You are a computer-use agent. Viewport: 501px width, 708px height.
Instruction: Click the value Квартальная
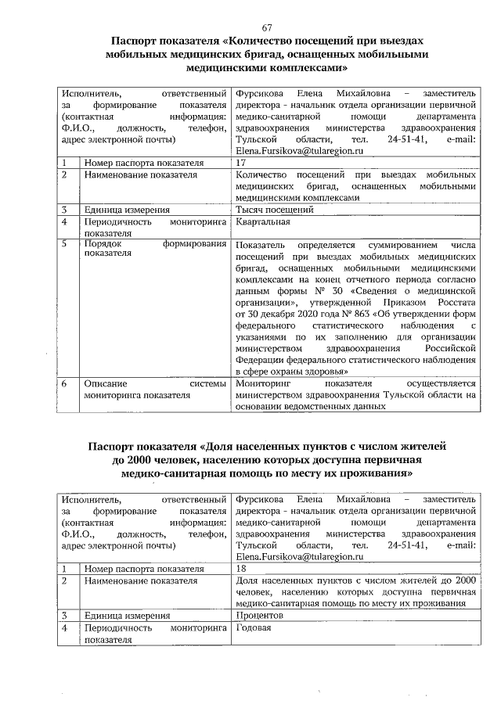point(262,221)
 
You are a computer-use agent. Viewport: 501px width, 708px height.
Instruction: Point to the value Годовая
point(253,628)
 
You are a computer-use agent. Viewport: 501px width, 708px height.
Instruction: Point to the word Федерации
point(261,359)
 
